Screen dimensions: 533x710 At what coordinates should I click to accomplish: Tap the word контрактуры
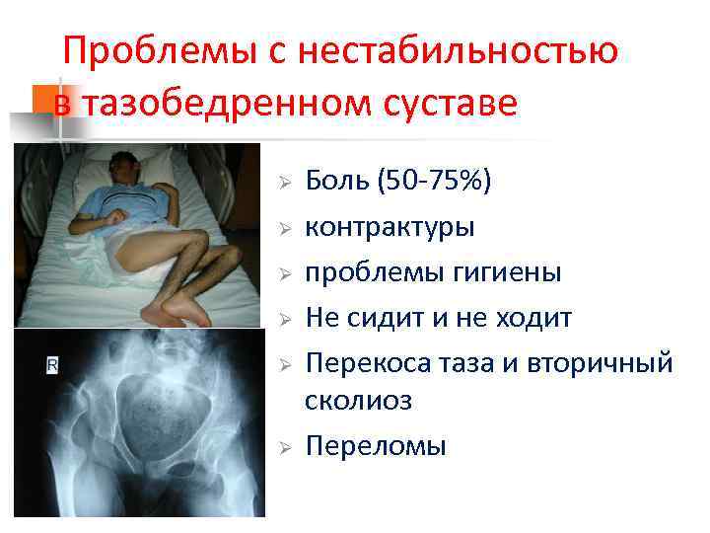point(390,227)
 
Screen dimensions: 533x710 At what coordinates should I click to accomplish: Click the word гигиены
point(506,272)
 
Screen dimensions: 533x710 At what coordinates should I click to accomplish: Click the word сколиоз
point(359,401)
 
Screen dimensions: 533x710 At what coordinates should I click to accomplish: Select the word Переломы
point(376,446)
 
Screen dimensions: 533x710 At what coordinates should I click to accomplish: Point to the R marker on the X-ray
point(51,366)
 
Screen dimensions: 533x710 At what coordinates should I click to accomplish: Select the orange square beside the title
point(43,100)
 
